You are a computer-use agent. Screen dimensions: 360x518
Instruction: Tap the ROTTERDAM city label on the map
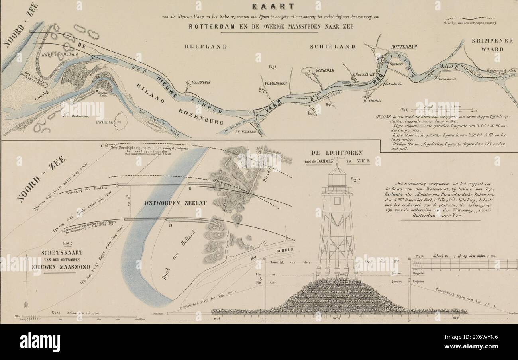pos(404,47)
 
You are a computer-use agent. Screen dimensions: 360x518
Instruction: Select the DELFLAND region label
pos(206,47)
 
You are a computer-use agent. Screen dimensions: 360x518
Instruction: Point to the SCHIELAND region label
pos(332,47)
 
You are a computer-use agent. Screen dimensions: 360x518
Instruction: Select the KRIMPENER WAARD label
pos(487,45)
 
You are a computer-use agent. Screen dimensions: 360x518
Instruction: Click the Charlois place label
pos(375,100)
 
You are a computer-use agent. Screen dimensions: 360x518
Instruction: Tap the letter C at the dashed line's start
pos(102,145)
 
